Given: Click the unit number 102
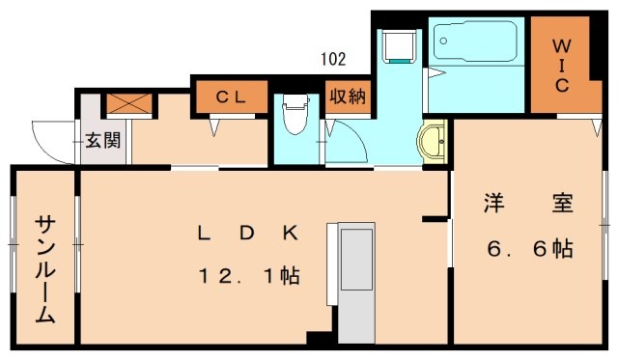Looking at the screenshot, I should [333, 59].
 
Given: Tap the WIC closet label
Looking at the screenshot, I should [561, 65].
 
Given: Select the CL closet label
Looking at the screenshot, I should [229, 96].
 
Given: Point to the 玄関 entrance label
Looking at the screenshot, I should [102, 140].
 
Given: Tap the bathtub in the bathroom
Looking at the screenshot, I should [476, 43].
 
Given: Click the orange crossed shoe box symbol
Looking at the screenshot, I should [125, 102].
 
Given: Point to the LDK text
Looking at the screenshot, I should [249, 233].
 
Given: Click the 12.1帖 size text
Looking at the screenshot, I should [249, 276].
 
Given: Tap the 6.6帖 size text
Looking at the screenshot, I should [528, 248].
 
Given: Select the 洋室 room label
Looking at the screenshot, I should [528, 204].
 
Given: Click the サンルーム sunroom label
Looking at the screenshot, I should [44, 269].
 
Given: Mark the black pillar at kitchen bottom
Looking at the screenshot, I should [318, 338].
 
